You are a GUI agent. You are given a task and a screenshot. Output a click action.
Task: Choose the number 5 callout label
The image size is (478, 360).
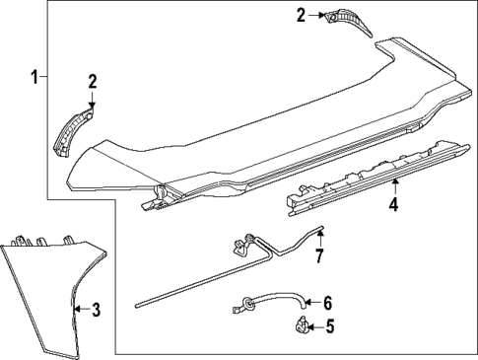(x=329, y=325)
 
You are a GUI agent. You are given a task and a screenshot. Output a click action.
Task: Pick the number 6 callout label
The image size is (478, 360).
(x=328, y=303)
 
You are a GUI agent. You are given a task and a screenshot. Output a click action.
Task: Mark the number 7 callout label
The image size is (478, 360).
(x=319, y=258)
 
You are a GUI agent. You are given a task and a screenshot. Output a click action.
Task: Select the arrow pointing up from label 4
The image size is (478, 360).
(x=393, y=187)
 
